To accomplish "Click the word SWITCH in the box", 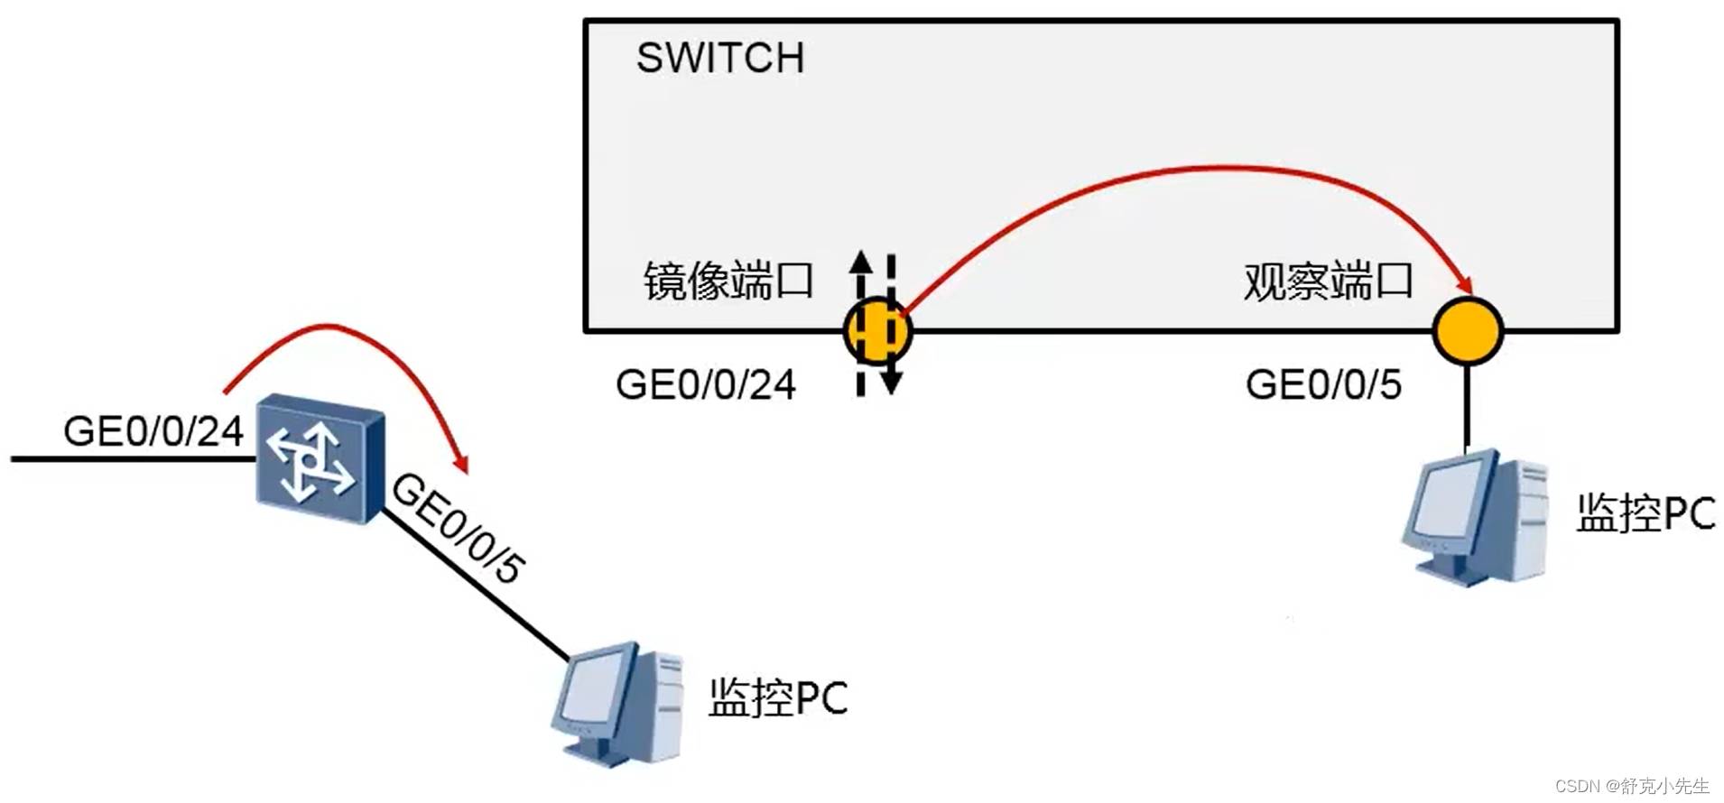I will click(719, 59).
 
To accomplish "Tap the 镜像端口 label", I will click(728, 281).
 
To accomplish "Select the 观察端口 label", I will click(1327, 281).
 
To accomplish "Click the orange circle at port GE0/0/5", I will click(1468, 330).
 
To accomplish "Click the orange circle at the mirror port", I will click(877, 331).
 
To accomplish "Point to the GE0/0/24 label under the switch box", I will click(705, 385).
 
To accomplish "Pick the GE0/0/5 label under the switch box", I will click(1323, 385).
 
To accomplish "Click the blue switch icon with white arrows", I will click(320, 458).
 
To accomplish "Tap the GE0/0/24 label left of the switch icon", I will click(153, 431).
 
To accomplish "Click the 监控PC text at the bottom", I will click(777, 697).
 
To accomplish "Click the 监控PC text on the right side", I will click(1645, 513).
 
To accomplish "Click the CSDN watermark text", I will click(1631, 786).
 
